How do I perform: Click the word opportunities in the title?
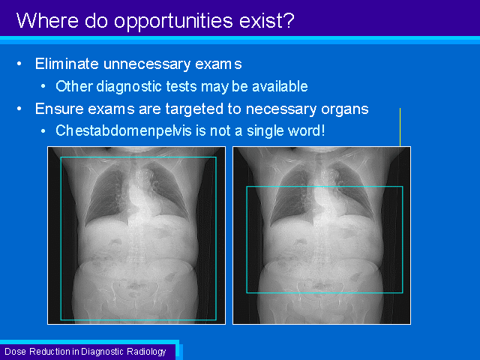tap(174, 22)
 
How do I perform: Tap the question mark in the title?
tap(289, 20)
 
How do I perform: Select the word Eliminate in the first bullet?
tap(67, 64)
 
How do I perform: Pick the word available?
tap(280, 86)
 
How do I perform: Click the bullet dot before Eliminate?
tap(19, 64)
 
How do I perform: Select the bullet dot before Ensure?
tap(19, 109)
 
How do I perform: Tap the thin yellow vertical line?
tap(400, 127)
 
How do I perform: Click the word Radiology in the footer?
tap(146, 352)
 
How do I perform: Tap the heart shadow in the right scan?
tap(325, 196)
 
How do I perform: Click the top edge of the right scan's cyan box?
tap(325, 187)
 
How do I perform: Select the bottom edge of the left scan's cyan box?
tap(138, 320)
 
